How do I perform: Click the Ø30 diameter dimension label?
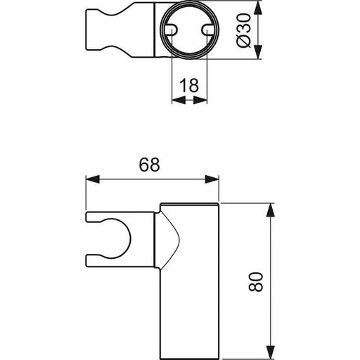(x=244, y=30)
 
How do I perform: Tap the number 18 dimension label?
(x=189, y=85)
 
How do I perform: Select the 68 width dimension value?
(x=150, y=165)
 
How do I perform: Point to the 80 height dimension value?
(x=256, y=282)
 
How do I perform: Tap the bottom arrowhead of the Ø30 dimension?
(x=258, y=52)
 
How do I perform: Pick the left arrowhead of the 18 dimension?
(x=179, y=101)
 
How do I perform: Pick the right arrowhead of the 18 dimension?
(x=200, y=101)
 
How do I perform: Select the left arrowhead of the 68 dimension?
(x=93, y=179)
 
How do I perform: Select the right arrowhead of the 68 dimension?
(x=212, y=179)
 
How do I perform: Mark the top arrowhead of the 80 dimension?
(x=271, y=210)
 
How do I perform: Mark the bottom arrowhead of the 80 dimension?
(x=271, y=352)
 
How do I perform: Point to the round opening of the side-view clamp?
(x=129, y=238)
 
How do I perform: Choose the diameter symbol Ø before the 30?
(x=244, y=41)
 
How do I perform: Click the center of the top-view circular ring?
(x=189, y=30)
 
